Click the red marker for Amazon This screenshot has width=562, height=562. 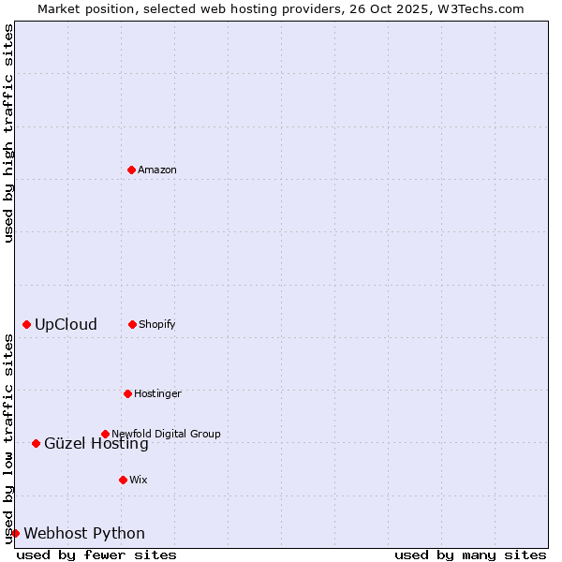pos(132,170)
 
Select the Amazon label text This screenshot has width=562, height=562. pos(157,170)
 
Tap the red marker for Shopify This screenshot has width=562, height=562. pos(132,324)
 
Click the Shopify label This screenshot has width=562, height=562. pos(157,325)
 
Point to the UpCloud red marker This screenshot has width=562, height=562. pos(26,324)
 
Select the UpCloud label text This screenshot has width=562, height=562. pos(66,325)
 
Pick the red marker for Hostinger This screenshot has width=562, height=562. pos(127,393)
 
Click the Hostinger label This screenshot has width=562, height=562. pos(157,394)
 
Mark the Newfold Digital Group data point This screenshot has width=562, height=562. pos(105,434)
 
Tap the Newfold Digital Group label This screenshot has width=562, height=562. pos(166,434)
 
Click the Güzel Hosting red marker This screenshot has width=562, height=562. pos(36,443)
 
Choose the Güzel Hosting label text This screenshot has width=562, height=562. pos(96,445)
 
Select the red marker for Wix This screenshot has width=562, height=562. pos(123,480)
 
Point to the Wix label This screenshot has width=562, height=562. pos(139,481)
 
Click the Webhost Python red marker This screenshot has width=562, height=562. pos(15,533)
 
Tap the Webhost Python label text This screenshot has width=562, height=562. pos(84,534)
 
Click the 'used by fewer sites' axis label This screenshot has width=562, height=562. pos(96,555)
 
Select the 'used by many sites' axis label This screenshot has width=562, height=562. pos(470,555)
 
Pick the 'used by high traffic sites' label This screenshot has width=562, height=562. pos(8,133)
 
